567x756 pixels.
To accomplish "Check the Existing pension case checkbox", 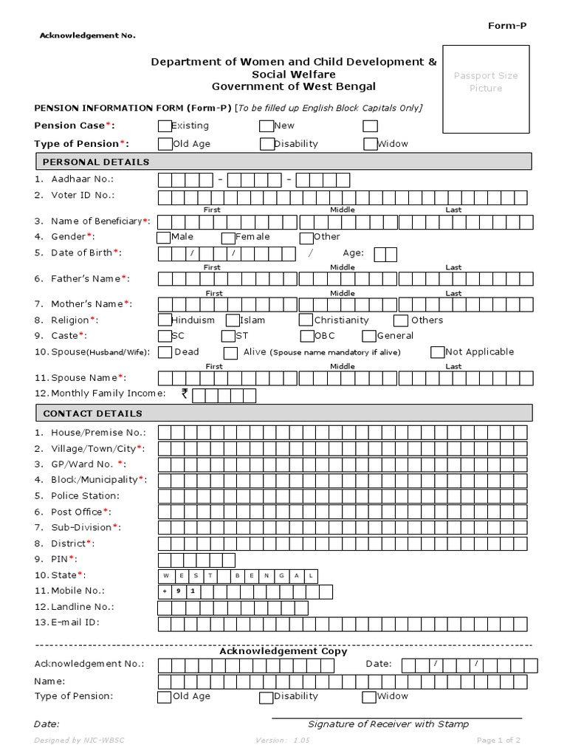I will click(x=165, y=126).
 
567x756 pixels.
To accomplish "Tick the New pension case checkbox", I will click(x=267, y=126).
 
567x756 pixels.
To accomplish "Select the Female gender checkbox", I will click(x=228, y=238).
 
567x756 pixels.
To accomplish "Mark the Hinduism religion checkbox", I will click(x=165, y=320).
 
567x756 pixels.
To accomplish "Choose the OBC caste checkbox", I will click(x=306, y=337).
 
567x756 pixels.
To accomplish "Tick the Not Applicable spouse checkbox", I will click(x=438, y=352).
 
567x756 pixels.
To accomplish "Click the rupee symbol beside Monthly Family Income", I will click(x=185, y=394).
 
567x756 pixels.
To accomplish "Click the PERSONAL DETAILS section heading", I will click(x=96, y=162).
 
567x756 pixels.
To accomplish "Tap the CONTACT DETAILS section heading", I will click(x=93, y=413).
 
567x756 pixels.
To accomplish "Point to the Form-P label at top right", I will click(x=507, y=26).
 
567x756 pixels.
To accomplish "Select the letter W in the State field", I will click(x=165, y=575).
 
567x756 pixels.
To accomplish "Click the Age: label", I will click(x=353, y=253).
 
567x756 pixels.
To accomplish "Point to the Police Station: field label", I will click(x=85, y=495).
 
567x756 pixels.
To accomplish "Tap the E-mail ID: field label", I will click(x=75, y=622).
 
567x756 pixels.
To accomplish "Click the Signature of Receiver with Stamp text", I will click(x=388, y=724).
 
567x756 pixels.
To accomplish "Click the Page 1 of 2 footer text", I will click(x=498, y=740).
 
